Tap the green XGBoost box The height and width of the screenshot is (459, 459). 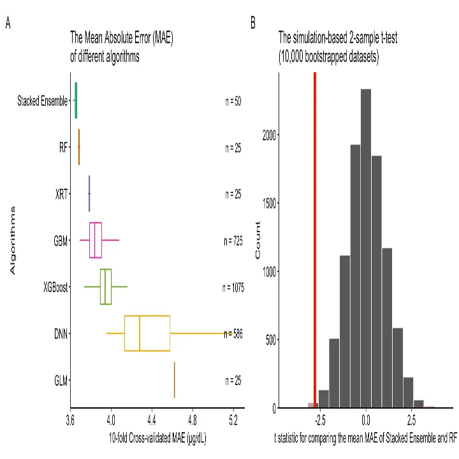click(x=106, y=287)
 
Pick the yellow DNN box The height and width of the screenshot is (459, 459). click(x=147, y=333)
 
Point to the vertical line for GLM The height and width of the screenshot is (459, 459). click(x=174, y=380)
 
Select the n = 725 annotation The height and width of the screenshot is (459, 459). click(x=233, y=241)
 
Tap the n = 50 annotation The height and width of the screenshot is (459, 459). click(x=233, y=101)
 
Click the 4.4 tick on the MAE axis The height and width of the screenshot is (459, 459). click(x=152, y=419)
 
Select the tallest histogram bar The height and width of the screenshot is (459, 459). click(x=366, y=248)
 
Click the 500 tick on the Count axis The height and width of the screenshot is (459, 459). click(x=270, y=339)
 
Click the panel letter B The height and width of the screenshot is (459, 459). click(x=253, y=24)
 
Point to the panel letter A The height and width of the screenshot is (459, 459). click(x=8, y=24)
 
